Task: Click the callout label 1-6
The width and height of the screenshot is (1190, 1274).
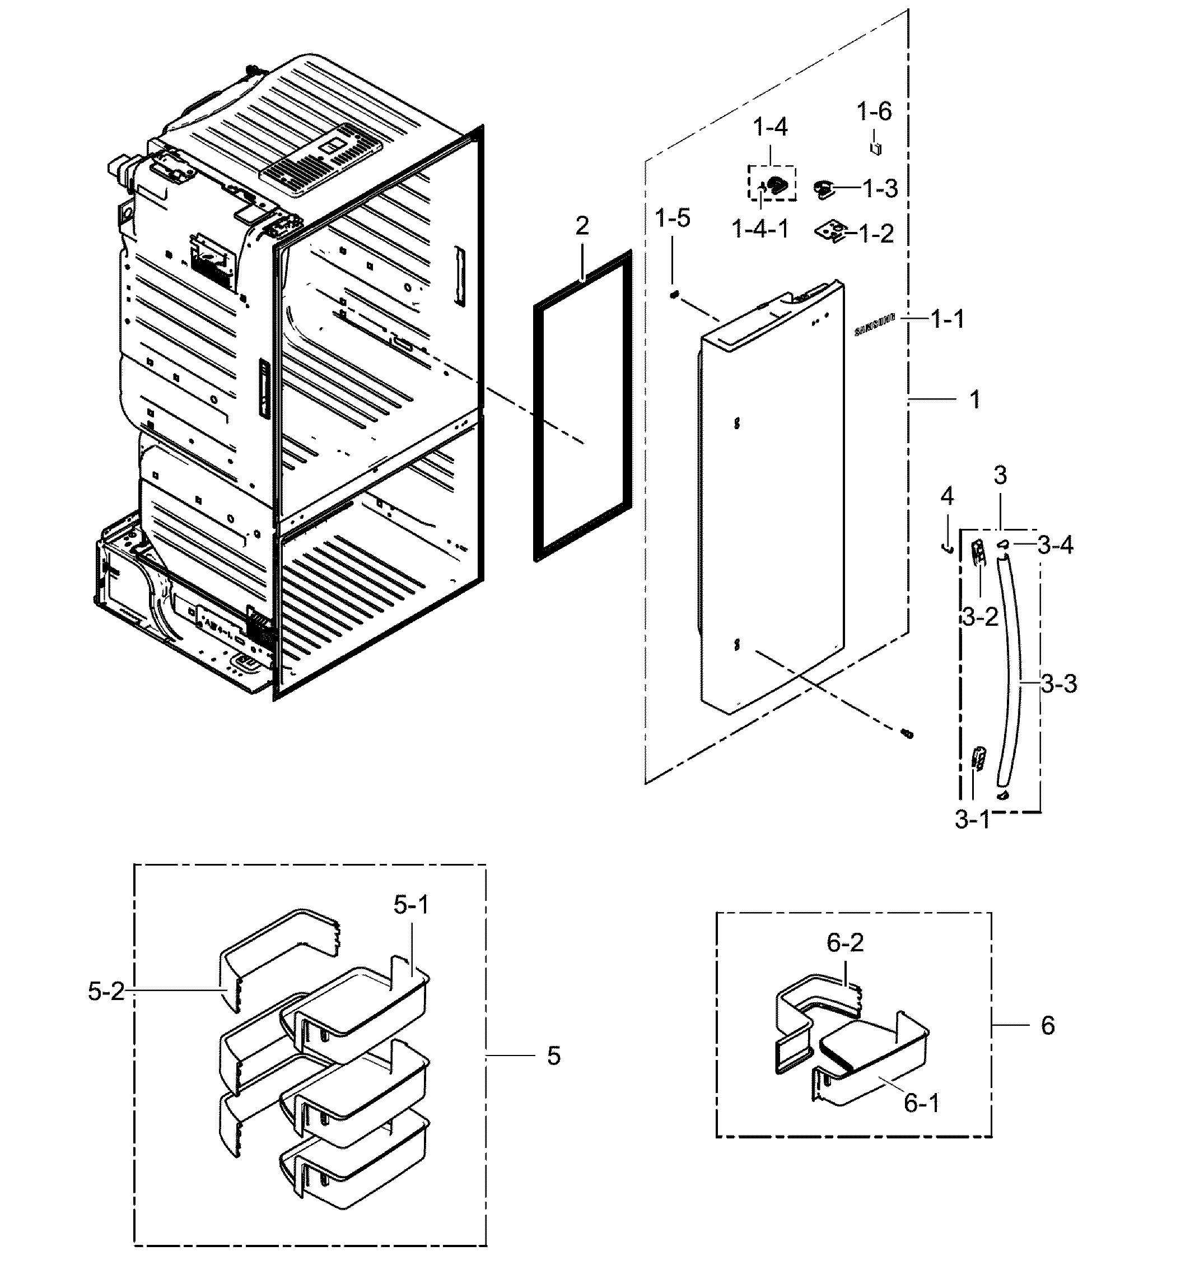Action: pyautogui.click(x=874, y=111)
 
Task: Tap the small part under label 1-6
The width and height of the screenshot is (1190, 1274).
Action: pyautogui.click(x=875, y=148)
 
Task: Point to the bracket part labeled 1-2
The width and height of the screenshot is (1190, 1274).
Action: pyautogui.click(x=832, y=232)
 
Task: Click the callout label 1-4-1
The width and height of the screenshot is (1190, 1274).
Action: pyautogui.click(x=760, y=228)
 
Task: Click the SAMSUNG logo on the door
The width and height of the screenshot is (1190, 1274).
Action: pyautogui.click(x=874, y=326)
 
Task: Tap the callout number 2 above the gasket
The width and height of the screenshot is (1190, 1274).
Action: pyautogui.click(x=581, y=226)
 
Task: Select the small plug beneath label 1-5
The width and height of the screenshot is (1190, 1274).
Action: pyautogui.click(x=674, y=294)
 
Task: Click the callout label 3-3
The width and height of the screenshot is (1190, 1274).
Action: pyautogui.click(x=1058, y=684)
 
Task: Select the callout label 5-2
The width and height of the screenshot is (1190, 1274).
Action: pyautogui.click(x=106, y=992)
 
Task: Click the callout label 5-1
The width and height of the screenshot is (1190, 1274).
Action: pyautogui.click(x=411, y=905)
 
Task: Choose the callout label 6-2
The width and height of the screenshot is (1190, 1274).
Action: pyautogui.click(x=845, y=942)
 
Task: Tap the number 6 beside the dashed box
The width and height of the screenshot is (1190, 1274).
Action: pyautogui.click(x=1047, y=1025)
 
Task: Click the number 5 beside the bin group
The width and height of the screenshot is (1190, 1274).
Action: pyautogui.click(x=553, y=1056)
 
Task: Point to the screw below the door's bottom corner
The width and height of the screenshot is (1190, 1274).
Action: pyautogui.click(x=907, y=734)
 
